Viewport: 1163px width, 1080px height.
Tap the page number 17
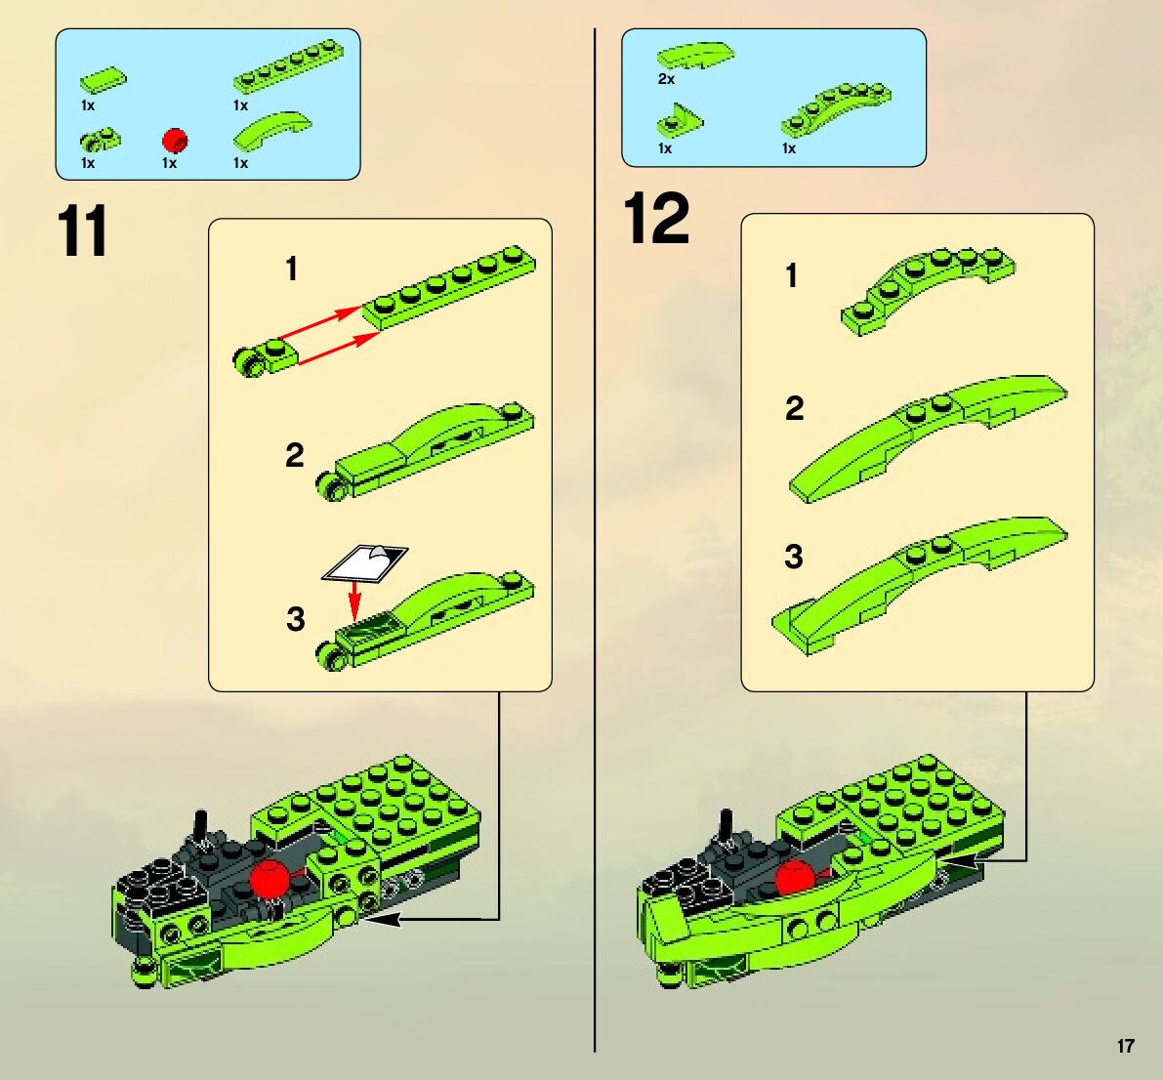(x=1125, y=1046)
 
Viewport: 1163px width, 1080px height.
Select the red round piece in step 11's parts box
(x=175, y=140)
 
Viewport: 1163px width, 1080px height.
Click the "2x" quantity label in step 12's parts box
(x=666, y=79)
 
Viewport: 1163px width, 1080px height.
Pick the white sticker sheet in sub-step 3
(x=365, y=562)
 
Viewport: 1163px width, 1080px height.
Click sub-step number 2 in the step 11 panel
(x=295, y=455)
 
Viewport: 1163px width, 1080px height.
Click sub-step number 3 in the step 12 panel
(x=794, y=557)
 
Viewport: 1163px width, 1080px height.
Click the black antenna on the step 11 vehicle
(x=200, y=826)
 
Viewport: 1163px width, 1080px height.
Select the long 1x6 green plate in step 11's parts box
(x=288, y=76)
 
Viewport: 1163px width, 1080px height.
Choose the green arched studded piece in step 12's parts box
(x=836, y=108)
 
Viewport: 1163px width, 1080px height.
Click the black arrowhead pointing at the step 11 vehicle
(x=382, y=920)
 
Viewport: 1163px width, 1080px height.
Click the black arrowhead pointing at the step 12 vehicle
(x=964, y=860)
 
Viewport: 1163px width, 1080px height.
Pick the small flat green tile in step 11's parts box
(x=104, y=79)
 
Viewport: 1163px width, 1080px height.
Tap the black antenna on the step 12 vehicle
(x=725, y=825)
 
